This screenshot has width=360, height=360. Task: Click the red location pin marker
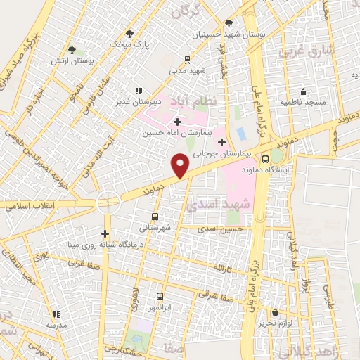click(x=181, y=165)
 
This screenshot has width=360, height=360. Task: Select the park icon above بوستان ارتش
click(x=72, y=49)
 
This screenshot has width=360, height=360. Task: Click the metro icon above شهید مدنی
click(x=186, y=59)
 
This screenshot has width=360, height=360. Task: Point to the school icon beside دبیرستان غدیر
click(x=138, y=90)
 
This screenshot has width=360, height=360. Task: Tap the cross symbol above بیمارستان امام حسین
click(x=176, y=122)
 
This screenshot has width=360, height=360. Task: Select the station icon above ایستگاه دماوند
click(x=265, y=158)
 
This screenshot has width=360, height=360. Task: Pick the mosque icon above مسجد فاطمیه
click(x=303, y=91)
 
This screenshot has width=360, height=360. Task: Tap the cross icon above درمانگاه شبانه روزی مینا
click(x=105, y=233)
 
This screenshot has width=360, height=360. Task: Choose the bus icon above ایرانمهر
click(x=160, y=296)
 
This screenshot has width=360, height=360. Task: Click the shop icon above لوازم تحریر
click(x=275, y=312)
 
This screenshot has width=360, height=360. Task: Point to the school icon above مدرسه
click(x=56, y=314)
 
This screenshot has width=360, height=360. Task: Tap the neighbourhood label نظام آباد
click(x=200, y=104)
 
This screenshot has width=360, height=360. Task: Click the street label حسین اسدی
click(x=220, y=229)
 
